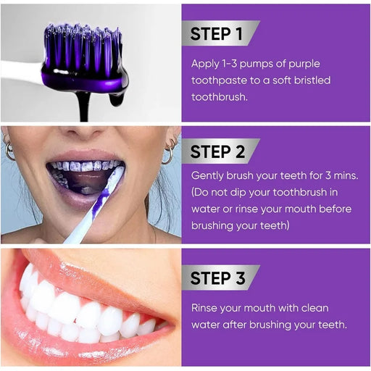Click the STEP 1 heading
point(216,33)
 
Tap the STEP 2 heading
point(217,151)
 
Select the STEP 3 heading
point(217,278)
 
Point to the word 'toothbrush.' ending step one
point(220,97)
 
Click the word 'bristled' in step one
point(312,80)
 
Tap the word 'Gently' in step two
point(207,176)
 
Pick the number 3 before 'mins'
point(328,175)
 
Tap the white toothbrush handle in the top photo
point(21,72)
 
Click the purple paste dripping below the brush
point(84,107)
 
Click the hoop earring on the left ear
point(9,151)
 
